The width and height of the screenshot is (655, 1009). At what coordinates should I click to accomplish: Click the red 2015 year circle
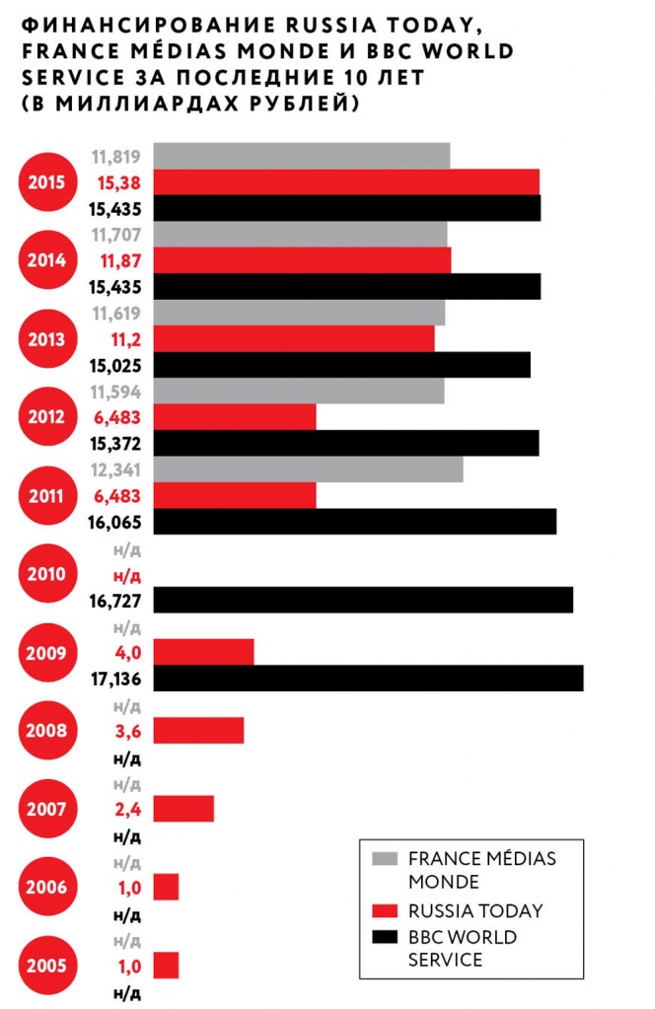tap(46, 181)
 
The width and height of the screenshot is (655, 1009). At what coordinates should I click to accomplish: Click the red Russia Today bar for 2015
tap(346, 182)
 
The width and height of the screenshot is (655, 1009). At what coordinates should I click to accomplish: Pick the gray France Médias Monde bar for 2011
tap(308, 469)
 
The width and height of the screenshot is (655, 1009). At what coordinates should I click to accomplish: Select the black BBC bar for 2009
tap(368, 679)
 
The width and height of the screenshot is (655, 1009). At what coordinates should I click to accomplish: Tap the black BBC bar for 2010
tap(363, 600)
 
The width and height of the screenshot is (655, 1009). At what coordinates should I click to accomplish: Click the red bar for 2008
tap(198, 731)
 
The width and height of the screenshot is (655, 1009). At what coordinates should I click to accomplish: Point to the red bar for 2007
tap(183, 809)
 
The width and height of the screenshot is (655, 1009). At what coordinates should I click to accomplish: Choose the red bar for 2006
tap(166, 887)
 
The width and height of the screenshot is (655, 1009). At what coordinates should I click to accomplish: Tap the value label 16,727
tap(117, 601)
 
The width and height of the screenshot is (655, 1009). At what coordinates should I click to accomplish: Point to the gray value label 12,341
tap(117, 469)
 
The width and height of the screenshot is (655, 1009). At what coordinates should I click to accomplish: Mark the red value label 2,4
tap(129, 810)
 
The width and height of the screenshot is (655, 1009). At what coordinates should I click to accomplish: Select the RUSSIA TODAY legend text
tap(474, 910)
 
